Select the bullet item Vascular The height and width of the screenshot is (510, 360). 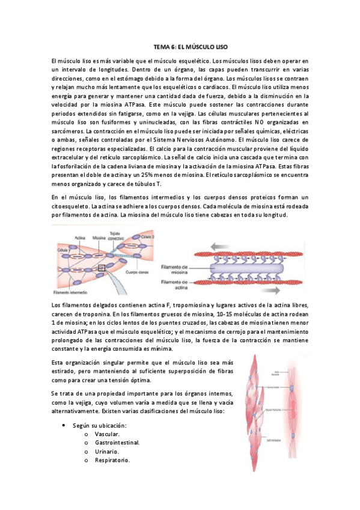[x=107, y=434]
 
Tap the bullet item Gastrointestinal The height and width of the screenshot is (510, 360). [x=117, y=443]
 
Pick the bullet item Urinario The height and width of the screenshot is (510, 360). [x=107, y=452]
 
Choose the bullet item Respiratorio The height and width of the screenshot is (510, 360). [x=112, y=461]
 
